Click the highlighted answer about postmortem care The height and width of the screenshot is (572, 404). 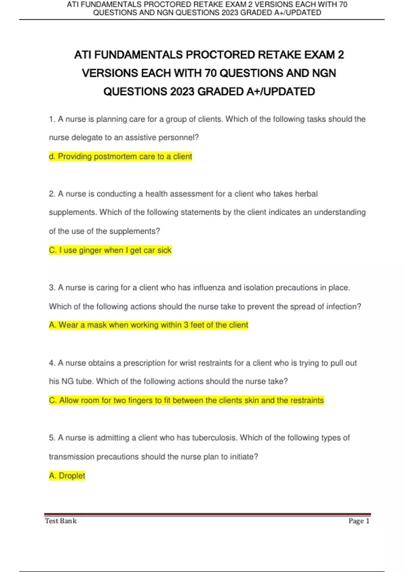coord(121,156)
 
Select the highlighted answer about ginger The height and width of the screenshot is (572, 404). coord(110,250)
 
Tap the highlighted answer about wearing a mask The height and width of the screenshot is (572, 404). coord(148,325)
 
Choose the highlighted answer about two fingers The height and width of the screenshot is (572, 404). coord(186,400)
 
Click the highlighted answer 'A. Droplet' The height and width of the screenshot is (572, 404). coord(67,476)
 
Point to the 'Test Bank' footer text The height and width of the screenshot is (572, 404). coord(61,521)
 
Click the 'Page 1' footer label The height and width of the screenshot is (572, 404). coord(359,521)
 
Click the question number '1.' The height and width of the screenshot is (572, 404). coord(52,119)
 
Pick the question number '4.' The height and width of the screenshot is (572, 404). coord(52,363)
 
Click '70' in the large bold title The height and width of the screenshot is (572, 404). coord(210,73)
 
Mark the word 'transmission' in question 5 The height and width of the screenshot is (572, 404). coord(71,457)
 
